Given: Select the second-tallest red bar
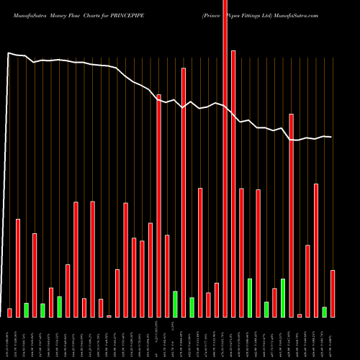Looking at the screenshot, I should pyautogui.click(x=233, y=184).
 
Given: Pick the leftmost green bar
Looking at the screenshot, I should pyautogui.click(x=27, y=310).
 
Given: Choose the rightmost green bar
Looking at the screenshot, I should pyautogui.click(x=324, y=312).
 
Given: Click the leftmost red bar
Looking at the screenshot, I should pyautogui.click(x=10, y=312).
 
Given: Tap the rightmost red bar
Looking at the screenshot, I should pyautogui.click(x=333, y=293).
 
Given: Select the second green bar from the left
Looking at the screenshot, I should pyautogui.click(x=43, y=310).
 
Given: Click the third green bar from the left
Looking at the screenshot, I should pyautogui.click(x=60, y=307).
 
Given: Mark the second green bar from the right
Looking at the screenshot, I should pyautogui.click(x=283, y=297).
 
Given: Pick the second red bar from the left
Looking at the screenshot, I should pyautogui.click(x=18, y=267).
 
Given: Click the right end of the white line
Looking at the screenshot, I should pyautogui.click(x=331, y=137).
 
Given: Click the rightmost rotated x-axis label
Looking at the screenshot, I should pyautogui.click(x=333, y=338).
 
